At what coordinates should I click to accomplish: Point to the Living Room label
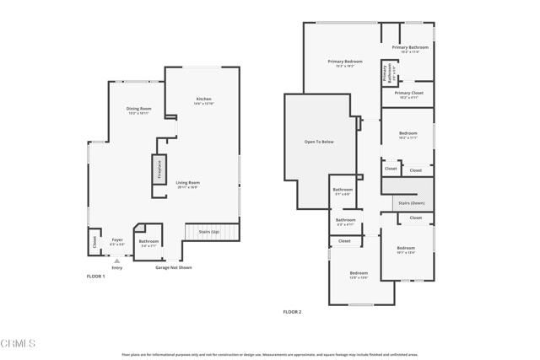click(187, 185)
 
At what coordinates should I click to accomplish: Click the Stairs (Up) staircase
click(208, 232)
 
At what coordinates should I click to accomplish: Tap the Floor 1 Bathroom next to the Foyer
click(148, 243)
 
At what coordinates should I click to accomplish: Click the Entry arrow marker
click(116, 261)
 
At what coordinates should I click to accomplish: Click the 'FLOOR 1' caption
click(95, 276)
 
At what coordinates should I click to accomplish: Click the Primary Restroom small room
click(388, 73)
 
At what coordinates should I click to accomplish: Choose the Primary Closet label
click(408, 94)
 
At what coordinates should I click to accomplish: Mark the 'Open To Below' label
click(319, 142)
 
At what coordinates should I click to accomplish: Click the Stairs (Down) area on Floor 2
click(410, 203)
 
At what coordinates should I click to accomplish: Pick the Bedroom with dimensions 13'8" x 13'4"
click(359, 275)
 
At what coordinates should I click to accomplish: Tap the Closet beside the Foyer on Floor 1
click(93, 243)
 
